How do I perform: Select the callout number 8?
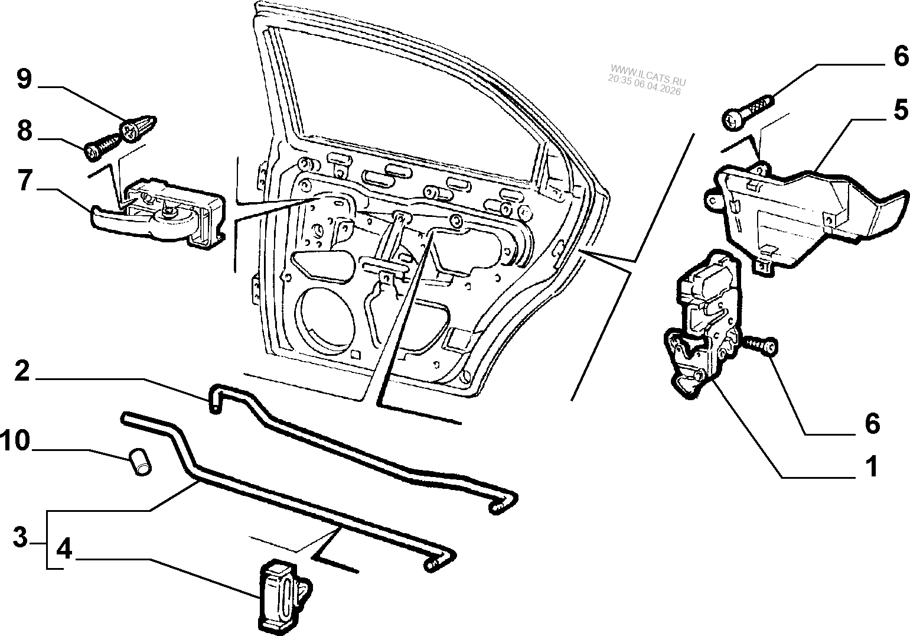click(x=24, y=131)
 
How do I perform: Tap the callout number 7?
click(x=24, y=181)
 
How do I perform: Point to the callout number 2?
click(x=21, y=372)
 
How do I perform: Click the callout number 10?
click(x=15, y=440)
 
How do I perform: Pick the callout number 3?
click(x=20, y=538)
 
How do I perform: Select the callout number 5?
click(x=899, y=110)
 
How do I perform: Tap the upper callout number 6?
click(x=899, y=56)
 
